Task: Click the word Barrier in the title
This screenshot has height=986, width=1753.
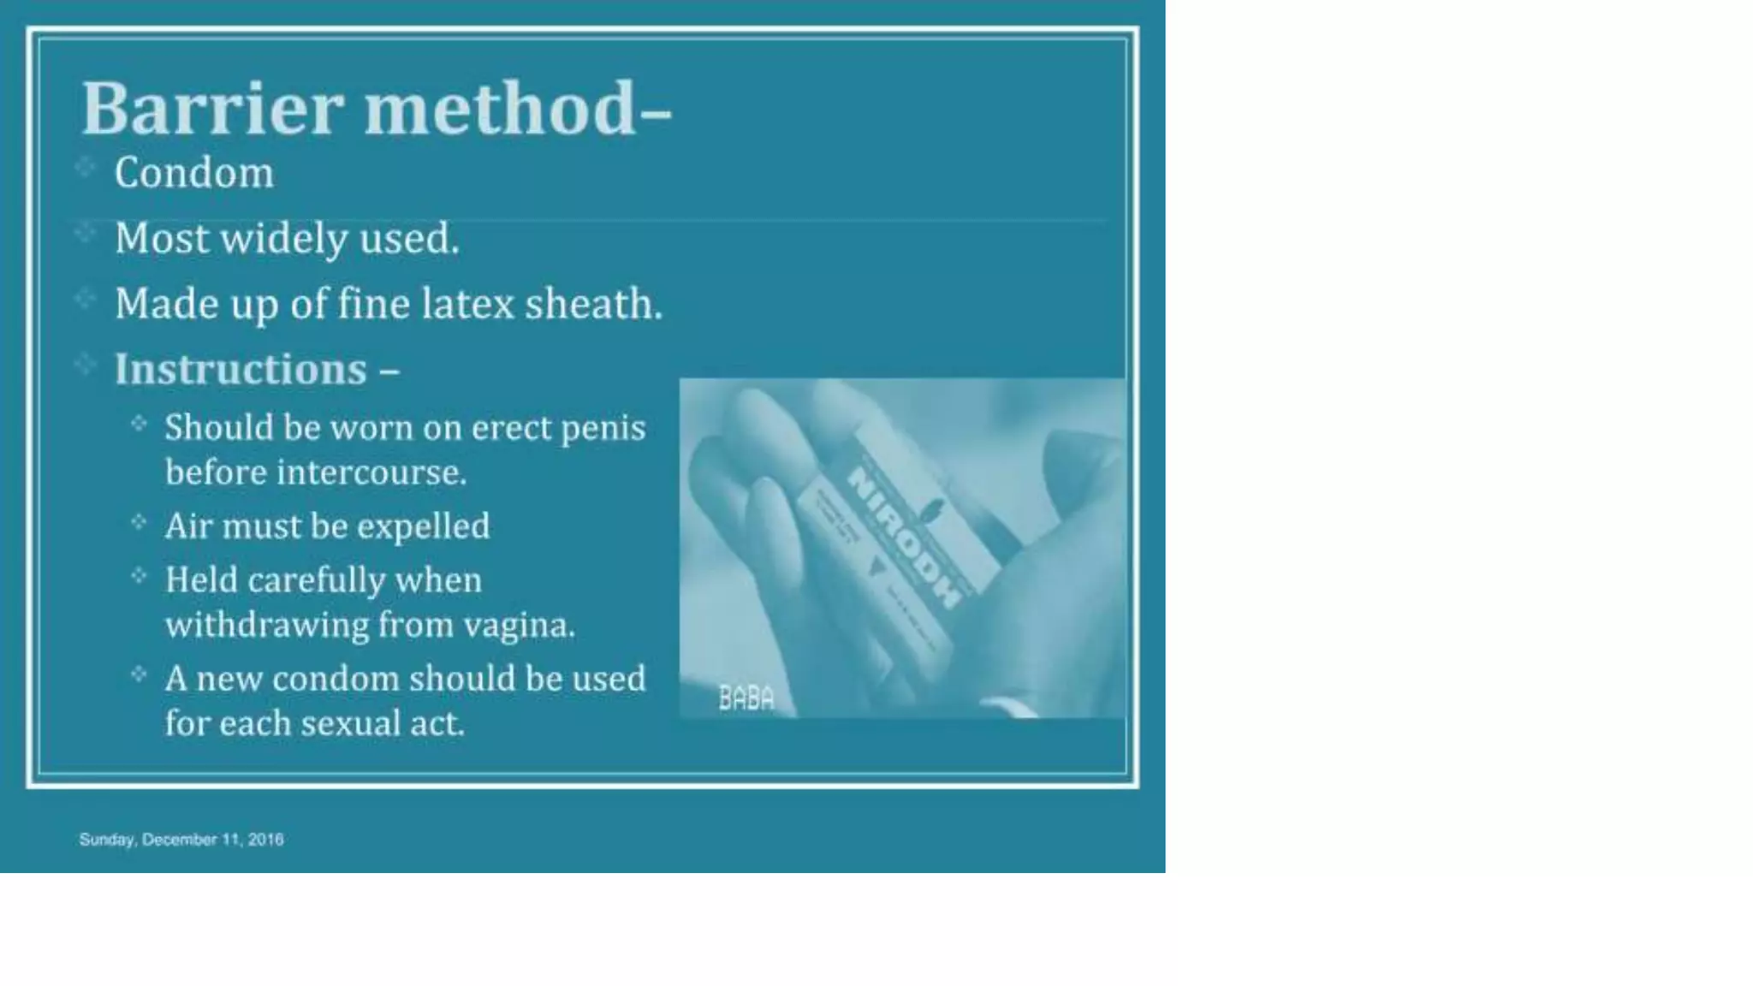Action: [x=212, y=110]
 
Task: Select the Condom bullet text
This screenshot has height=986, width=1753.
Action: [x=194, y=173]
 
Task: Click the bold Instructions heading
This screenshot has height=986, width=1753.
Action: [x=241, y=370]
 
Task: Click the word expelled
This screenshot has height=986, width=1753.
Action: [x=423, y=526]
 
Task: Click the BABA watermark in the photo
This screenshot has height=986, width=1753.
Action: [x=746, y=699]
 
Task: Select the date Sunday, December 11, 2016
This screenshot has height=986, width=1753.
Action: [x=181, y=840]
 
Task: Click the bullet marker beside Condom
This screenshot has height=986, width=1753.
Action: [x=85, y=166]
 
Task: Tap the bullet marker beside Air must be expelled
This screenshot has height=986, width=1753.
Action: [x=140, y=521]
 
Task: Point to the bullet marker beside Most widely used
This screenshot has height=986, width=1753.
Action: [x=85, y=232]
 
